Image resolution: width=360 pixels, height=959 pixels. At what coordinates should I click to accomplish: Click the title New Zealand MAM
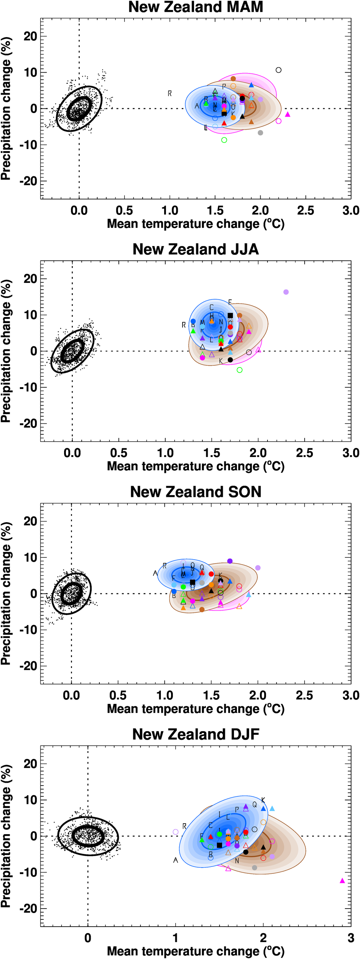[195, 7]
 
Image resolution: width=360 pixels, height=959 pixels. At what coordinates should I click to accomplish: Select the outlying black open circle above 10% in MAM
[279, 70]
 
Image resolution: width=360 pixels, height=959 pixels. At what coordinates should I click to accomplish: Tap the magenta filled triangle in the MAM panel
[287, 114]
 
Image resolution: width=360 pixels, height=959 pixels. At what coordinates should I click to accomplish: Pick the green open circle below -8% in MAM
[224, 140]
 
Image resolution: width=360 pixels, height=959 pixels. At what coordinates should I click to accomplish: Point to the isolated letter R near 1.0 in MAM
[170, 94]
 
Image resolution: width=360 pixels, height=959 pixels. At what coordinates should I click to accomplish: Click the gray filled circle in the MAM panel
[260, 133]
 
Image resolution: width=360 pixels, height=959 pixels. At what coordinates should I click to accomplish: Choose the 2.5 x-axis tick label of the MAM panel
[305, 211]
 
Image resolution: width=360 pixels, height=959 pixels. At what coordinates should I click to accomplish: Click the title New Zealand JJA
[195, 249]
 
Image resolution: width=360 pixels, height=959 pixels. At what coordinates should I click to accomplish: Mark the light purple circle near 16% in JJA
[286, 292]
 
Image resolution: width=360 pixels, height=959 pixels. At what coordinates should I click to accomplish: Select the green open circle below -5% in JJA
[240, 370]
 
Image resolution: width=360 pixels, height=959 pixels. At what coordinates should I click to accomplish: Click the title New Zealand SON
[195, 492]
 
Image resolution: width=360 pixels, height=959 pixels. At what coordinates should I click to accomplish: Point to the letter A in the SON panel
[155, 573]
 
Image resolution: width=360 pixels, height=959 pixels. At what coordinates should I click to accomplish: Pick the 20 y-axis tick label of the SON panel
[31, 521]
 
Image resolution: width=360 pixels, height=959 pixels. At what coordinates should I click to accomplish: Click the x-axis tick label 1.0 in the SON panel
[165, 695]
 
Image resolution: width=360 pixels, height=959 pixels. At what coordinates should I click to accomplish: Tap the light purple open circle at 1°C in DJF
[176, 832]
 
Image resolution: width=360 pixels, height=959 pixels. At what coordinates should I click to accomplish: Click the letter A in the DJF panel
[176, 860]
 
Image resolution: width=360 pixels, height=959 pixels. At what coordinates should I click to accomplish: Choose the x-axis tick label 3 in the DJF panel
[351, 938]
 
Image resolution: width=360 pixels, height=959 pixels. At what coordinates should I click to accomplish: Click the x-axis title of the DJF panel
[195, 951]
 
